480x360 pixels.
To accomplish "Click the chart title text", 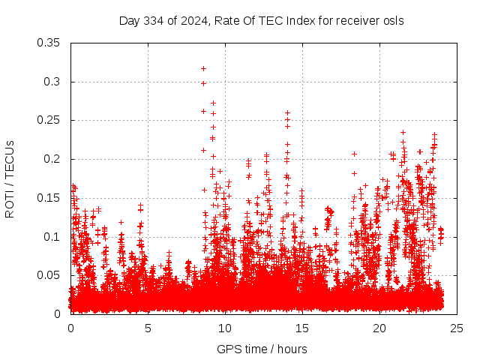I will point(261,20).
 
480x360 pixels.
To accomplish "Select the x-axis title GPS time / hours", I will point(261,349).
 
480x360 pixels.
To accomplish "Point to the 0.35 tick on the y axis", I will point(49,43).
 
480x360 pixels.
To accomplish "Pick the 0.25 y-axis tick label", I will point(49,120).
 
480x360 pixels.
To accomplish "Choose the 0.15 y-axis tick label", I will point(49,198).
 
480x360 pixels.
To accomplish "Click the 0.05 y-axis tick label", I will point(49,275).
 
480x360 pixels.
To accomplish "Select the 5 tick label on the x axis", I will point(148,328).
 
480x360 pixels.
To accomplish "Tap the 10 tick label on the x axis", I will point(225,328).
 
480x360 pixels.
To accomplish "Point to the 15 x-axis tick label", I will point(302,328).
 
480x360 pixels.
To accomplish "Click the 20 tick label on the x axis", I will point(379,328).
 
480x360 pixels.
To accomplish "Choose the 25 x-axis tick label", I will point(457,328).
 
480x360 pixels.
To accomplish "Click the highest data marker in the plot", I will point(203,69).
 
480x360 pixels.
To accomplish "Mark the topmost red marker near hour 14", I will point(287,112).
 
